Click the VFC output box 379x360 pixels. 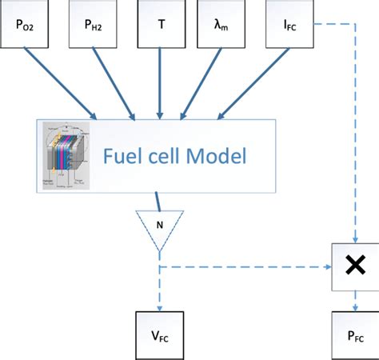[161, 335]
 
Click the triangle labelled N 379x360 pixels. [160, 223]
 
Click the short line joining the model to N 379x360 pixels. [158, 199]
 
